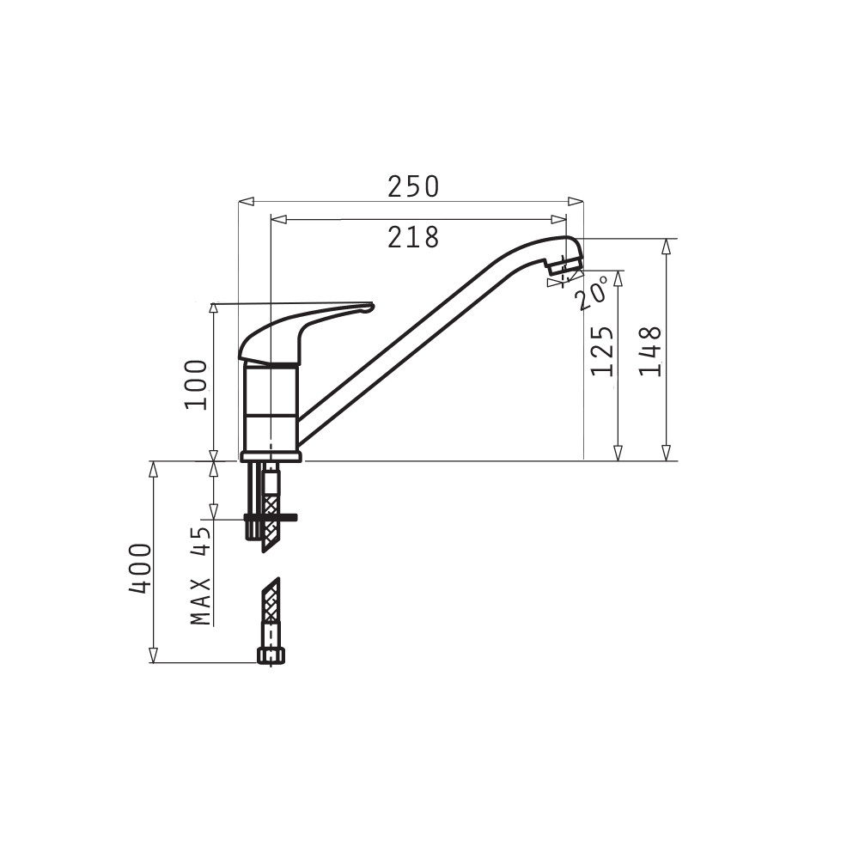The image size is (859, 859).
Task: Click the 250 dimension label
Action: (413, 186)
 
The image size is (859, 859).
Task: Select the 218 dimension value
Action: (413, 238)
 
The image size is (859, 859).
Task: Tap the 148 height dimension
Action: (651, 351)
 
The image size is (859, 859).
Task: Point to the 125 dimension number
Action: (602, 351)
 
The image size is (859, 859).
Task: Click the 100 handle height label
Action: (196, 385)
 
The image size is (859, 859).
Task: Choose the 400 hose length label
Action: (140, 568)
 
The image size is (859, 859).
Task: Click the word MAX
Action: (201, 601)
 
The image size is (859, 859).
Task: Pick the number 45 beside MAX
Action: (201, 541)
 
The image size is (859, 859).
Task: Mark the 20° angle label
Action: (592, 293)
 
